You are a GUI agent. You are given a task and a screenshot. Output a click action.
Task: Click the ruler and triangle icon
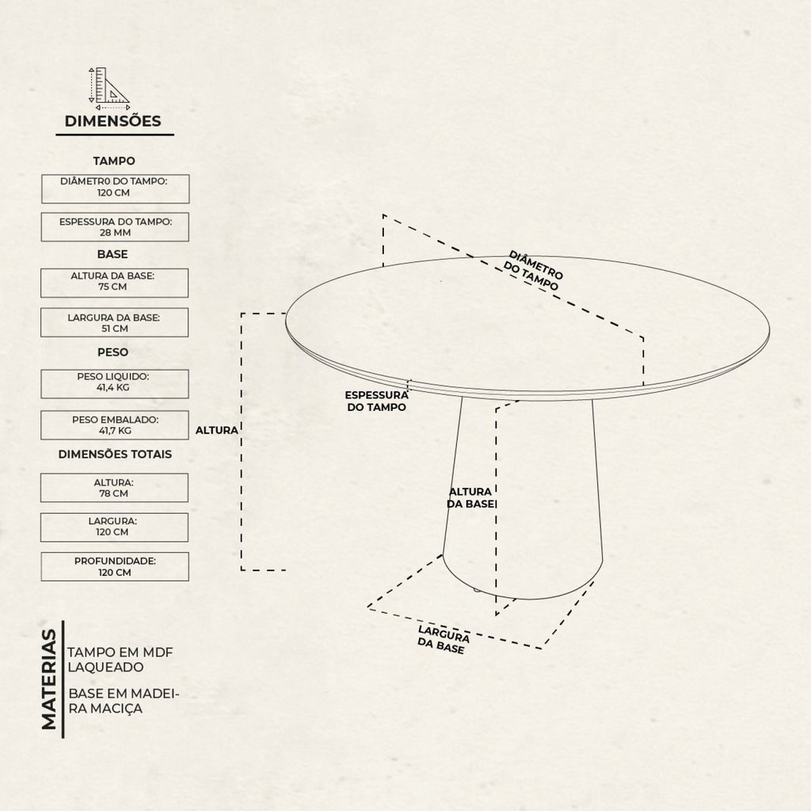(x=109, y=89)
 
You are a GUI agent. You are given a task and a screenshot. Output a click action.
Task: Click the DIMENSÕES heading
(x=112, y=121)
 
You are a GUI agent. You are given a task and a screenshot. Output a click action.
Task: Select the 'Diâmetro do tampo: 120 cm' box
(x=116, y=188)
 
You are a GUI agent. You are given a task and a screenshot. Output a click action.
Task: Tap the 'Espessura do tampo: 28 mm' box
(x=116, y=227)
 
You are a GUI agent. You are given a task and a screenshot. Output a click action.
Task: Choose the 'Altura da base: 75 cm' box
(x=114, y=283)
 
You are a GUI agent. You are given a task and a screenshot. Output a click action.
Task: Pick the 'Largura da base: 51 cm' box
(x=114, y=322)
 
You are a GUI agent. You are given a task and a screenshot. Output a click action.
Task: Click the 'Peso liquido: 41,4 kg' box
(x=115, y=384)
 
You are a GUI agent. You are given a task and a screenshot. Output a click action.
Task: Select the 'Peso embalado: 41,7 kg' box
(x=115, y=425)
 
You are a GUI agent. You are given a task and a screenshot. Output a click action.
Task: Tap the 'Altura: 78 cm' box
(x=114, y=488)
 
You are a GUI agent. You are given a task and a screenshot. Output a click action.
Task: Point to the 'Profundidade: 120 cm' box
(x=115, y=566)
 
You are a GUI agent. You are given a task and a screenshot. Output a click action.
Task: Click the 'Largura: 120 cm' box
(x=114, y=527)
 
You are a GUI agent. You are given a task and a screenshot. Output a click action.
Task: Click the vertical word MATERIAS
(x=49, y=679)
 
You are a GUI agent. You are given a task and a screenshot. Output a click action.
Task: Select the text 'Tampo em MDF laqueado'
(x=120, y=660)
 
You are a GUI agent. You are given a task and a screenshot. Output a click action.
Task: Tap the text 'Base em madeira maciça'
(x=124, y=701)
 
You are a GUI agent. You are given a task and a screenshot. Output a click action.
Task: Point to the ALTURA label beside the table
(x=217, y=430)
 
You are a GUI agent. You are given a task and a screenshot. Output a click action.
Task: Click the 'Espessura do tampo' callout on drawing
(x=376, y=402)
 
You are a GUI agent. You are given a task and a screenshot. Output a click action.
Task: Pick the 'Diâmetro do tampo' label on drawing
(x=533, y=271)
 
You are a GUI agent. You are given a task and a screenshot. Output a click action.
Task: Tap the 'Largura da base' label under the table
(x=444, y=640)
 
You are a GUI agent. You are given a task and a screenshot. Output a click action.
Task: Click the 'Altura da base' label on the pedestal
(x=470, y=497)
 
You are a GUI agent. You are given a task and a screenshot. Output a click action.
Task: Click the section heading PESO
(x=112, y=352)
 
